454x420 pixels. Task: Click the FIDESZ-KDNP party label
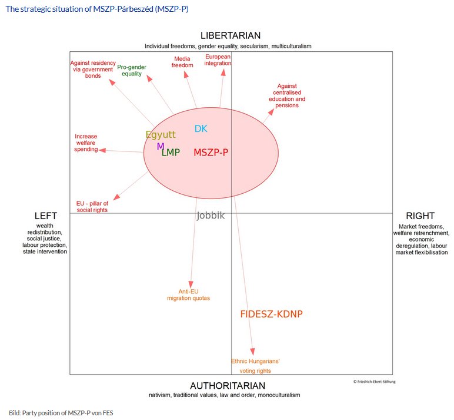tap(271, 314)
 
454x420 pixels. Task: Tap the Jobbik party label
tap(211, 216)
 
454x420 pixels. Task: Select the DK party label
tap(201, 129)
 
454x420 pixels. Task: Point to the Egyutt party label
tap(161, 134)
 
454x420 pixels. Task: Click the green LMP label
tap(171, 153)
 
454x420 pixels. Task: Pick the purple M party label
tap(160, 146)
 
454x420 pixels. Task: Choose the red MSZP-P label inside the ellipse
tap(211, 153)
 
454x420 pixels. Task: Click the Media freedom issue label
tap(182, 62)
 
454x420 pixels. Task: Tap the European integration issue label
tap(218, 60)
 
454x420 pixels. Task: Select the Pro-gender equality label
tap(132, 70)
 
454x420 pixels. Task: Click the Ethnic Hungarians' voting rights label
tap(255, 366)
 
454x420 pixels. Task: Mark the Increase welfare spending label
tap(86, 143)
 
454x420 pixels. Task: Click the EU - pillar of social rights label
tap(92, 206)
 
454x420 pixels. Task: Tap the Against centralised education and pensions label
tap(287, 96)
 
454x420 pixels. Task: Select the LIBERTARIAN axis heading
tap(230, 36)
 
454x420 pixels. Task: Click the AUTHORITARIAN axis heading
tap(224, 385)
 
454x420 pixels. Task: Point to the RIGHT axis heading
tap(420, 216)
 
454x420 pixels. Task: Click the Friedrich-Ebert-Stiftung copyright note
tap(375, 382)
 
